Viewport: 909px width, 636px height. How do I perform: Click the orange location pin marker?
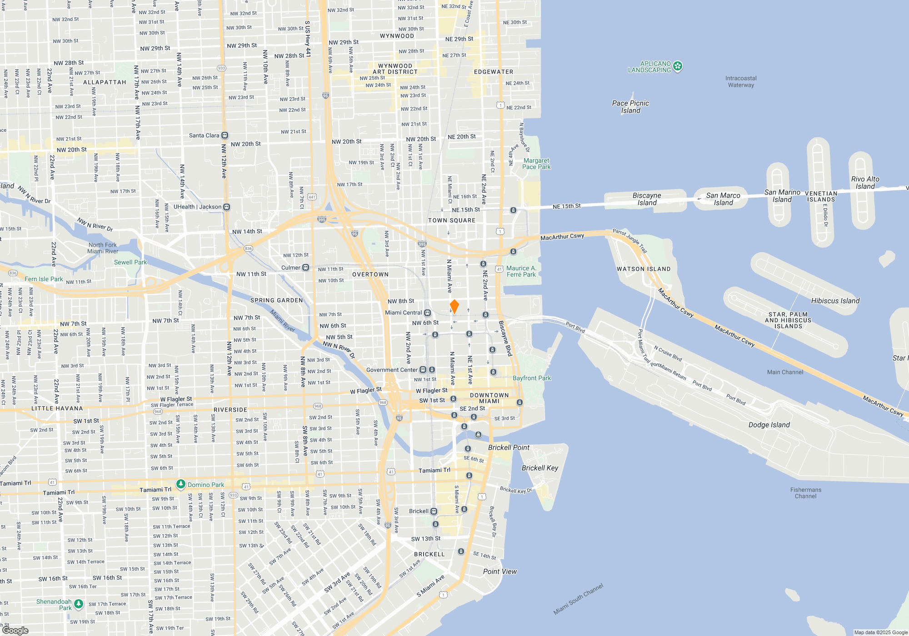[454, 306]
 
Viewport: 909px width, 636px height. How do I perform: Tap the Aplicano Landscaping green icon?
[678, 67]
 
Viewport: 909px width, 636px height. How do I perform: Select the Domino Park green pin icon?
[181, 484]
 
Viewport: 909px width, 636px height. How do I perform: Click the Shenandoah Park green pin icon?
[79, 604]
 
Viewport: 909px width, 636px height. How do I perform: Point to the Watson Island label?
[643, 269]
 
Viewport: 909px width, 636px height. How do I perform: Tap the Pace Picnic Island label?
[630, 107]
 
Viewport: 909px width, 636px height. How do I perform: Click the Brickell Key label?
[539, 468]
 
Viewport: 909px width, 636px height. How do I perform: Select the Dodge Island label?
[769, 425]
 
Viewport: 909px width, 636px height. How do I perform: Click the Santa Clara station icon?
[225, 135]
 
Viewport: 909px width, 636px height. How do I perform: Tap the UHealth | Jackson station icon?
[227, 207]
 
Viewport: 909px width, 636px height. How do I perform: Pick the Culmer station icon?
[306, 268]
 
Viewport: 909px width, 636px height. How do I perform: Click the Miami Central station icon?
[427, 313]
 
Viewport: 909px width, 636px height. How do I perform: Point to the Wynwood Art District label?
[395, 69]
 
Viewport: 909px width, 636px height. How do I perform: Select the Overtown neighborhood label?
[370, 274]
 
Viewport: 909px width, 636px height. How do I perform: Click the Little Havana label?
[57, 408]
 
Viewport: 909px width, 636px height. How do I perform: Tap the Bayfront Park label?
[531, 378]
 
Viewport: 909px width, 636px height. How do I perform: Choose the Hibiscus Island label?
[835, 301]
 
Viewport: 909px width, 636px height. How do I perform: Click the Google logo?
[15, 630]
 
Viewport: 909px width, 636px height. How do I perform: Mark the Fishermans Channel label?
[805, 493]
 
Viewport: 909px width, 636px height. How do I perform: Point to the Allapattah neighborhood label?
[105, 82]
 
